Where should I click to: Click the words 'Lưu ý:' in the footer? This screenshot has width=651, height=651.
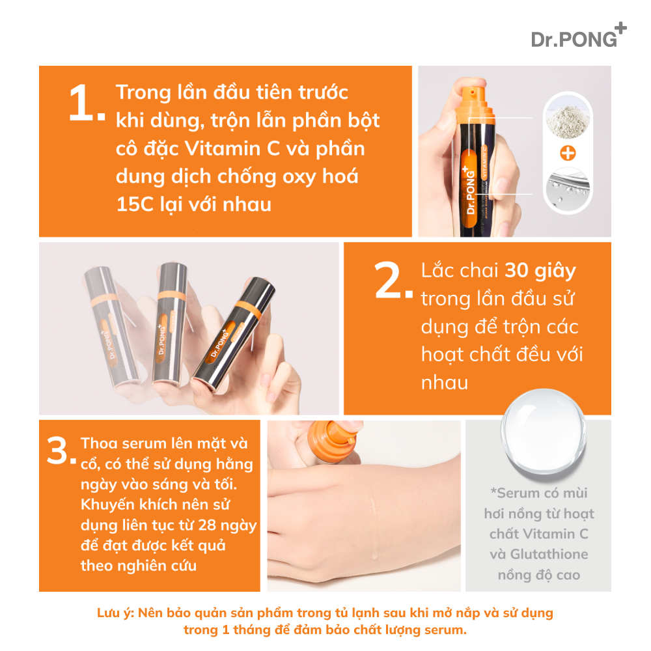(x=115, y=613)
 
